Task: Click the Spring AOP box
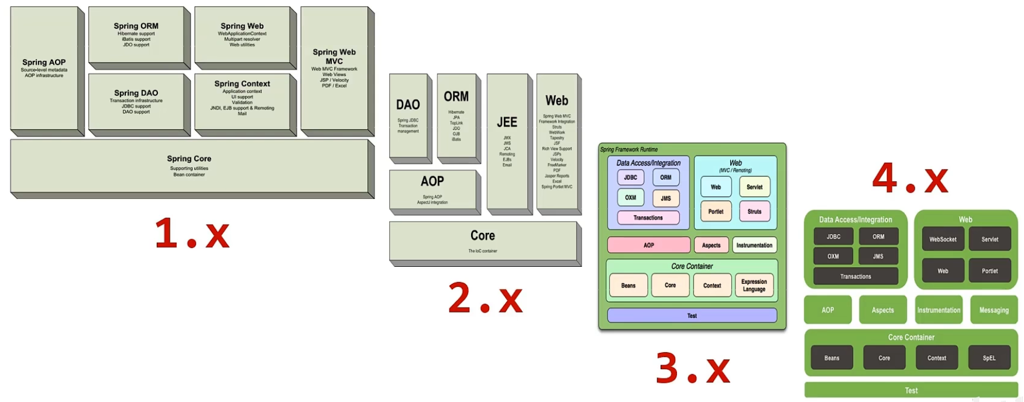pos(44,68)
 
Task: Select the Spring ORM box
pos(136,35)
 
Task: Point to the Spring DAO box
pos(136,101)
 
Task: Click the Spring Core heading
pos(189,159)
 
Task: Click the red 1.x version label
pos(192,233)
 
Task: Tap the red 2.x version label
pos(485,298)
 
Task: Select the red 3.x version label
pos(693,368)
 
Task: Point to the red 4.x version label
pos(910,178)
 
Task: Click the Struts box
pos(754,211)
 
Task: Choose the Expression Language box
pos(754,286)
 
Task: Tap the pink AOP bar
pos(648,245)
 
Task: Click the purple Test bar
pos(692,315)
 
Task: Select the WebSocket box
pos(943,239)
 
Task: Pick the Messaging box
pos(994,310)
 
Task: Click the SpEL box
pos(989,358)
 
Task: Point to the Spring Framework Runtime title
pos(629,149)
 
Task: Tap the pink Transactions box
pos(648,218)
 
